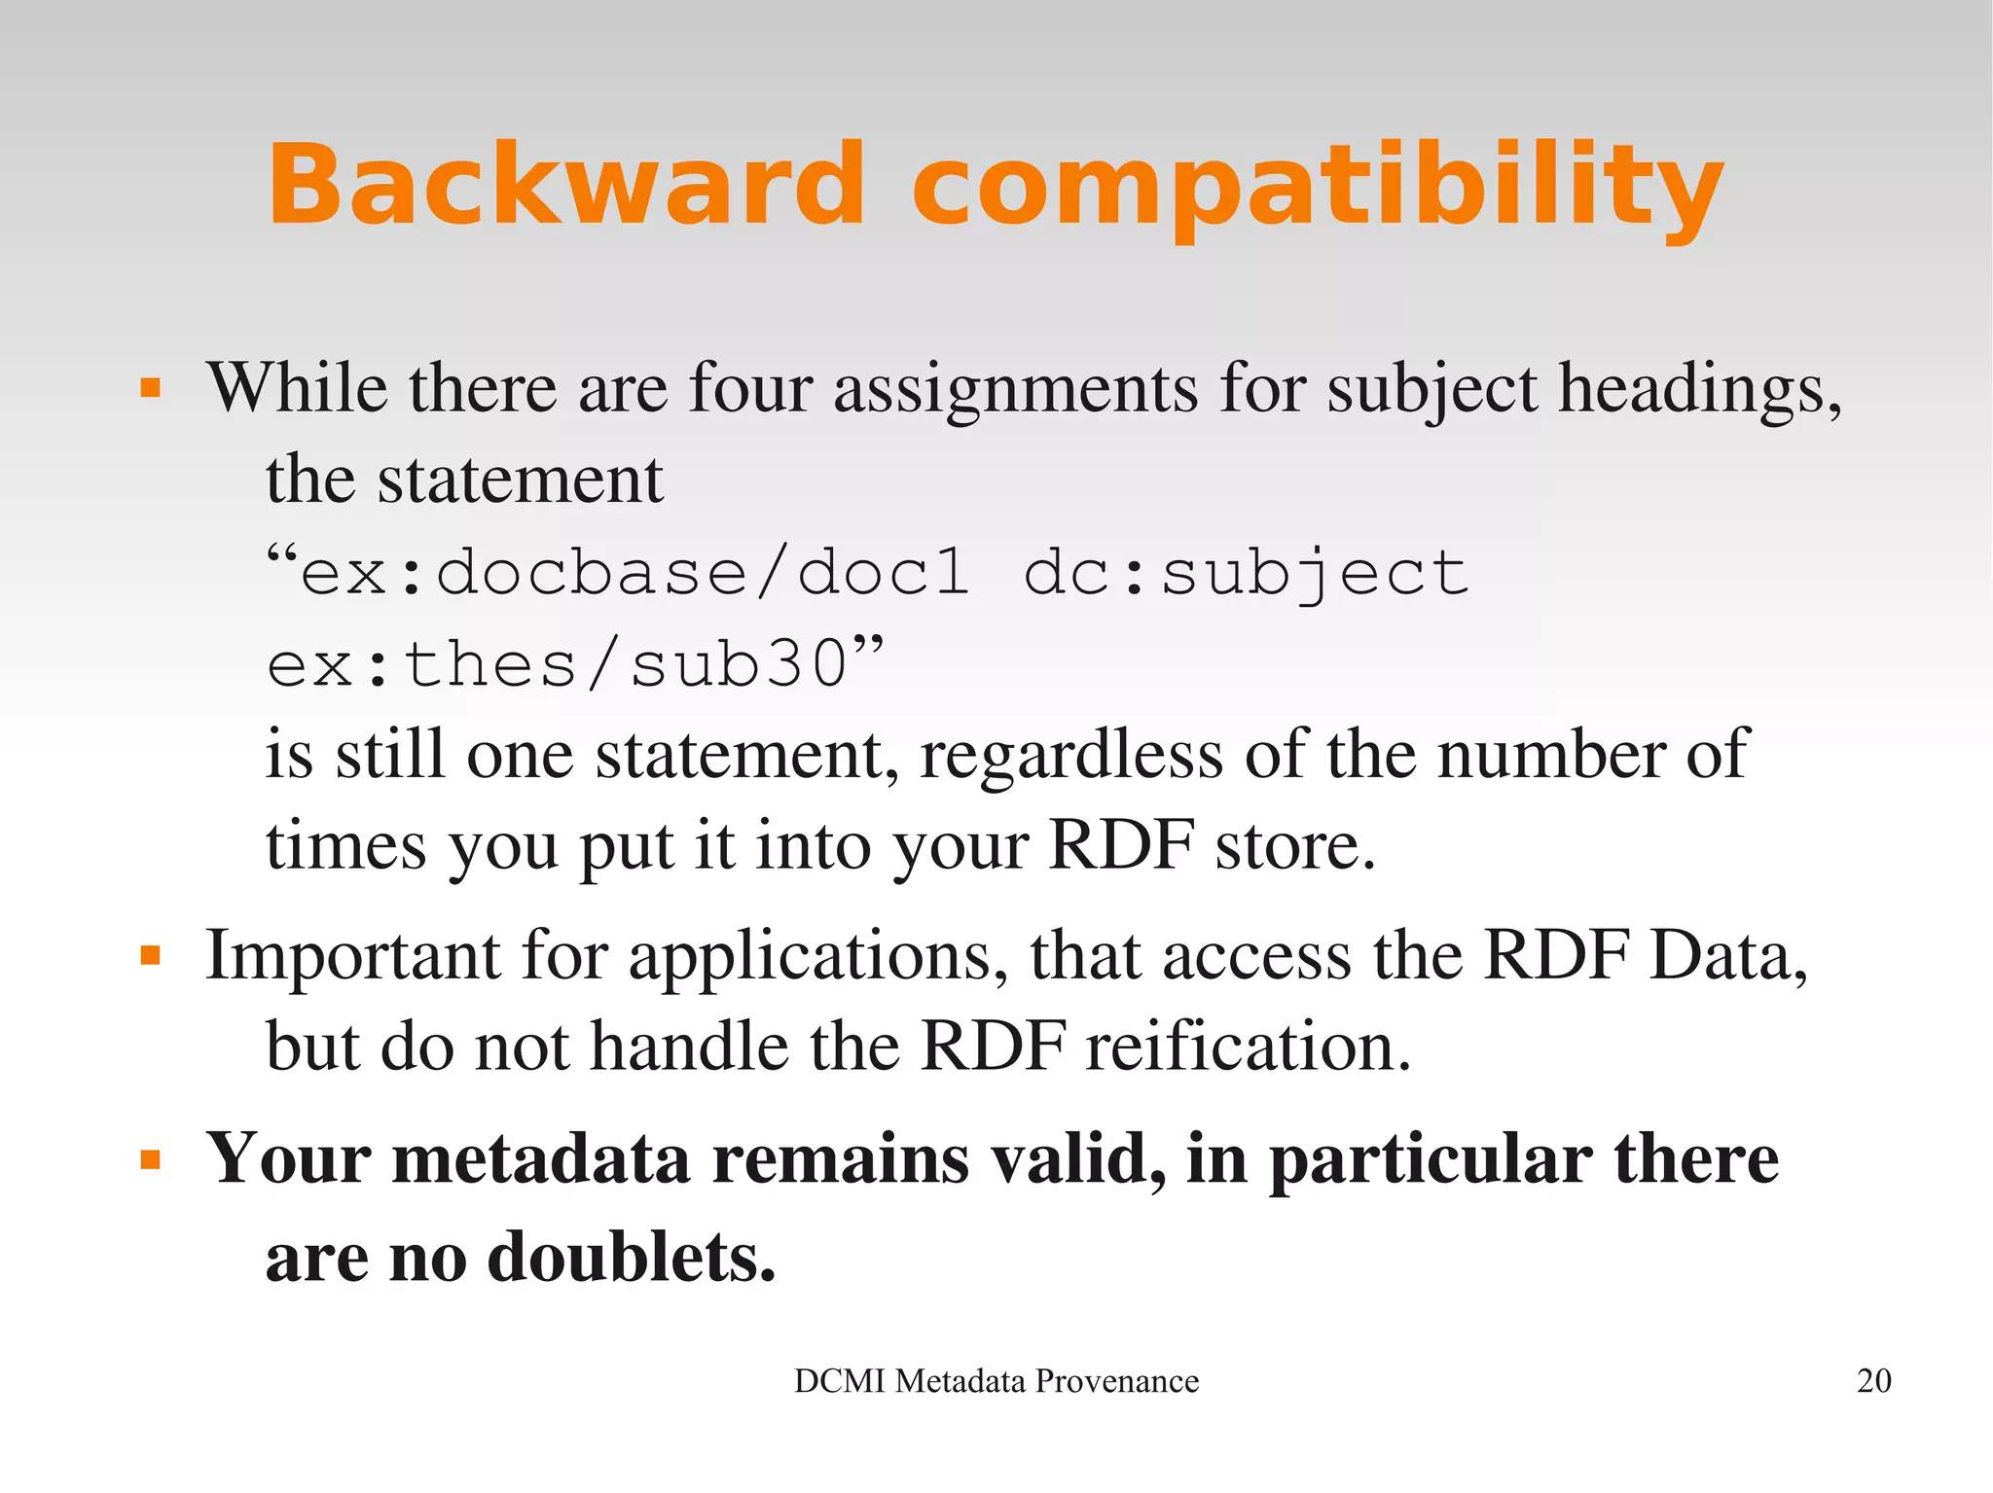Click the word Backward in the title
pyautogui.click(x=565, y=184)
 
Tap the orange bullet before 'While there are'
pyautogui.click(x=150, y=389)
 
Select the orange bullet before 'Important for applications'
pyautogui.click(x=150, y=955)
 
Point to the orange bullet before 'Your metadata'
pyautogui.click(x=150, y=1159)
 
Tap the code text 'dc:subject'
pyautogui.click(x=1246, y=572)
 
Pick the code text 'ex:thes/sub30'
pyautogui.click(x=558, y=665)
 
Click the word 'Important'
pyautogui.click(x=352, y=955)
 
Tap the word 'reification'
pyautogui.click(x=1246, y=1047)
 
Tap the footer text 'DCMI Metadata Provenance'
pyautogui.click(x=996, y=1381)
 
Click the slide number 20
pyautogui.click(x=1873, y=1381)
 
